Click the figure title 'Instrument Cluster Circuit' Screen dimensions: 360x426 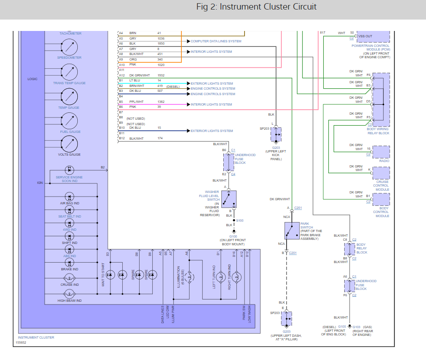[256, 7]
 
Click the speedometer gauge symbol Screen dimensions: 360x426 [69, 47]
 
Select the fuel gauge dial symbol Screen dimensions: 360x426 [69, 121]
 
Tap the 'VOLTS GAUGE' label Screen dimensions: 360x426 [69, 155]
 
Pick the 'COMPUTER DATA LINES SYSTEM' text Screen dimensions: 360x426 [216, 41]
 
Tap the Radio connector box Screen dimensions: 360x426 [381, 152]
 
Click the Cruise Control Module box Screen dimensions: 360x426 [381, 173]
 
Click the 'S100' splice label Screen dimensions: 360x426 [240, 220]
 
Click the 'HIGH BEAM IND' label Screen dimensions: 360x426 [69, 301]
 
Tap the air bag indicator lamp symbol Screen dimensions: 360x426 [69, 197]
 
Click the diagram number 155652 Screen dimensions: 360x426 [21, 343]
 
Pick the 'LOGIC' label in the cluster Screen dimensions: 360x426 [32, 79]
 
